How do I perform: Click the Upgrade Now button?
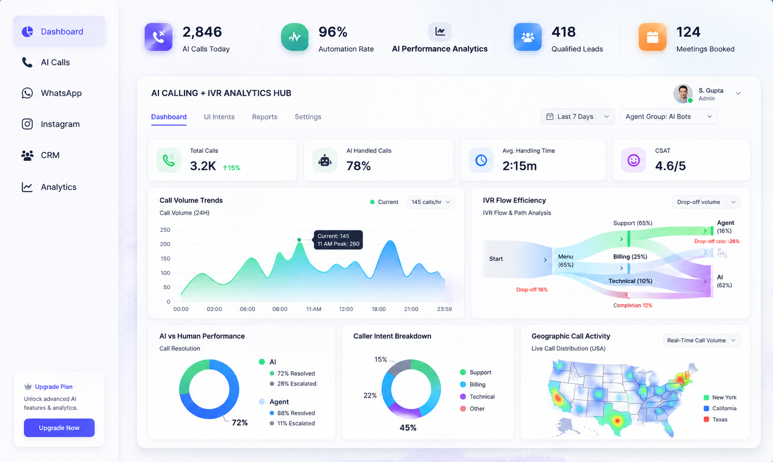pos(59,428)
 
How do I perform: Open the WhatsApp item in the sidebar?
pos(52,93)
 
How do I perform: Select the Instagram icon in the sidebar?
pos(27,124)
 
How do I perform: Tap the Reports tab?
pos(265,117)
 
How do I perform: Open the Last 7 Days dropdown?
pos(577,117)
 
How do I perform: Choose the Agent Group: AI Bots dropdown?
pos(669,117)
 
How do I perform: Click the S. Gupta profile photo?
pos(683,94)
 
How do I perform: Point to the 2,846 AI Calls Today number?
pos(202,32)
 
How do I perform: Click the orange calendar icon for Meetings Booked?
pos(652,37)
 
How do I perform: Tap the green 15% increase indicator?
pos(232,168)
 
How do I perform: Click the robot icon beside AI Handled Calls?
pos(325,161)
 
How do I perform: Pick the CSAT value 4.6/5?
pos(670,166)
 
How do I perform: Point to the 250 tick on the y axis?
pos(165,230)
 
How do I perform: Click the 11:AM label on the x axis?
pos(314,309)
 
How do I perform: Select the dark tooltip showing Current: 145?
pos(338,240)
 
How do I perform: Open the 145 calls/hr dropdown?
pos(431,202)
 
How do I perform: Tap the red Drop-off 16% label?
pos(532,290)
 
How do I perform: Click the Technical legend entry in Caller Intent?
pos(477,396)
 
